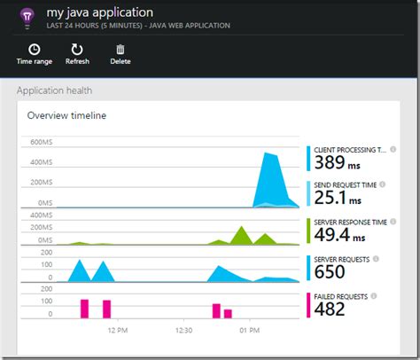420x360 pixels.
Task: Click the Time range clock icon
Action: pos(34,50)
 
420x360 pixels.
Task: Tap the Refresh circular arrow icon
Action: pos(77,50)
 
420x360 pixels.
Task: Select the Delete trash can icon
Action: pos(120,50)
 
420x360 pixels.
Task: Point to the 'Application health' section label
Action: pos(54,90)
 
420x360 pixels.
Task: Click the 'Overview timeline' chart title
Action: pos(67,116)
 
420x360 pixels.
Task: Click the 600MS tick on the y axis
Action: pos(42,143)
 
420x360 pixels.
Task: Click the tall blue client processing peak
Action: pos(270,177)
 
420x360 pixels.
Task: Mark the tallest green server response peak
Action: pos(240,234)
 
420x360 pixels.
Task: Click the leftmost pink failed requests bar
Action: pos(85,309)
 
